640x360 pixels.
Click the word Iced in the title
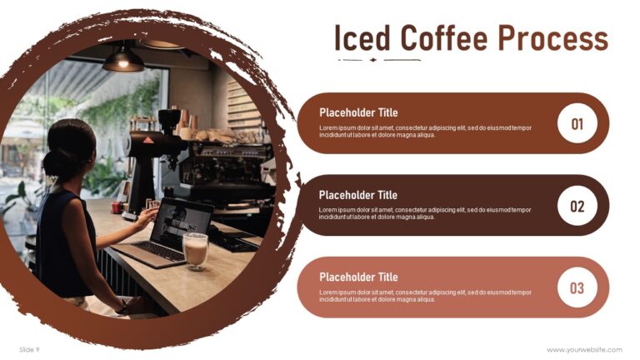click(361, 39)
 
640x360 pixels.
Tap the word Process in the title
click(552, 39)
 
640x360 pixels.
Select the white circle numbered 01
click(577, 124)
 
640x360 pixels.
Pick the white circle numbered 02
click(577, 206)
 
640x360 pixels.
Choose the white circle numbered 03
click(577, 288)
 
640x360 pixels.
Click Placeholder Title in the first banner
click(358, 112)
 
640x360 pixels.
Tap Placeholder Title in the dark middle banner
click(358, 195)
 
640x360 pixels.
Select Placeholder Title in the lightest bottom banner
click(358, 277)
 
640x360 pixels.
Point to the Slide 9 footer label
click(29, 349)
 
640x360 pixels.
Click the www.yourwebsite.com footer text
click(584, 349)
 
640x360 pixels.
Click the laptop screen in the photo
click(179, 221)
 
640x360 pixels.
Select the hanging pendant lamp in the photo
click(123, 58)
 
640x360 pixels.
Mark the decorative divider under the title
click(378, 60)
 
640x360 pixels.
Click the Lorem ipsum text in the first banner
click(424, 131)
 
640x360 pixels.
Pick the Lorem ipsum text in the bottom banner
click(424, 296)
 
